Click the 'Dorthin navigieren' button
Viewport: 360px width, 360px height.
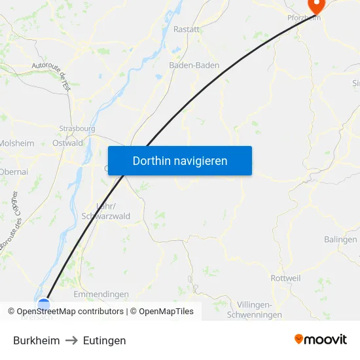[x=180, y=161]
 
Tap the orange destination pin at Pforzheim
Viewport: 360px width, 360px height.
[x=317, y=6]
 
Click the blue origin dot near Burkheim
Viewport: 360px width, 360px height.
[x=44, y=304]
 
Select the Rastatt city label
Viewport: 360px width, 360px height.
[x=187, y=29]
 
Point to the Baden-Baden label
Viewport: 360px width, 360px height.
[x=194, y=65]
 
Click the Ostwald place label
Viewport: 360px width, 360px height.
[x=67, y=143]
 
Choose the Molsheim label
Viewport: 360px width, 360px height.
[x=16, y=143]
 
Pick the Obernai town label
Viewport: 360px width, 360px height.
[x=14, y=171]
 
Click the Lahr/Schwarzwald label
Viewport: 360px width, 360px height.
[x=105, y=211]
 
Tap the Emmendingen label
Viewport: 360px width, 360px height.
[x=101, y=295]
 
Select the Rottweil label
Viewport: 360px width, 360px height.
[x=286, y=278]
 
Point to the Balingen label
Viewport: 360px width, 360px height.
[x=340, y=240]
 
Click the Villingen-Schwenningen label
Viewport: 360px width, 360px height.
[x=254, y=310]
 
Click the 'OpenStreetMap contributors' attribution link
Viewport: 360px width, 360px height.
[x=70, y=312]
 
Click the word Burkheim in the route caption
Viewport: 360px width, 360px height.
[x=37, y=340]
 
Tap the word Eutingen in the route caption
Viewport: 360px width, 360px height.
[x=105, y=340]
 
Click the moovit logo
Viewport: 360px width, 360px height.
[x=321, y=339]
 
